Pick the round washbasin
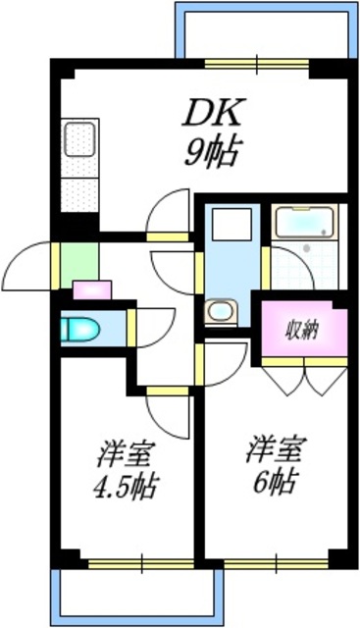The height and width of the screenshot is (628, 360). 219,312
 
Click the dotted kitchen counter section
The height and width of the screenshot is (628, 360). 77,188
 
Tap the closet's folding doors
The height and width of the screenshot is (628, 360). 304,378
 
